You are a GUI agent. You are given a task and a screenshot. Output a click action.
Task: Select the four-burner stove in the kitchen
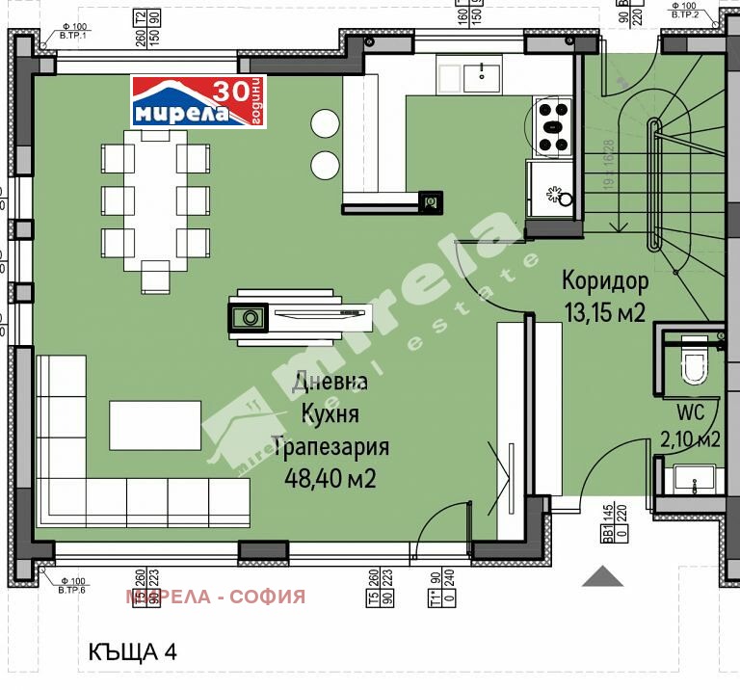[x=554, y=126]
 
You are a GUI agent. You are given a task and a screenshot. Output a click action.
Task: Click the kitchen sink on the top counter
[x=481, y=74]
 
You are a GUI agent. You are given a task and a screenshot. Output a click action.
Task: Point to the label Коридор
[x=605, y=282]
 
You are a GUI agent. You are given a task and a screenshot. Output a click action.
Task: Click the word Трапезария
[x=330, y=447]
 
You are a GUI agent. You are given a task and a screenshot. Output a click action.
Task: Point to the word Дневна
[x=330, y=382]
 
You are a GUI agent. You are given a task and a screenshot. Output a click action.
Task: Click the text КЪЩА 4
[x=132, y=651]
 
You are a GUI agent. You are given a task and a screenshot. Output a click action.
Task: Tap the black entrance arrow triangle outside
[x=603, y=576]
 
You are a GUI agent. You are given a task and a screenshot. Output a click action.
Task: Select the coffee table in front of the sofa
[x=153, y=425]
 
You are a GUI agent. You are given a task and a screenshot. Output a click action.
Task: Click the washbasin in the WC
[x=693, y=477]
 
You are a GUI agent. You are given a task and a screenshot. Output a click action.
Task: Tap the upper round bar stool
[x=325, y=123]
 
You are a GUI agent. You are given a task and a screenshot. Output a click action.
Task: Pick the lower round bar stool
[x=325, y=163]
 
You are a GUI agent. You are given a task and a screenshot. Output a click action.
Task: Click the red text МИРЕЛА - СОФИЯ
[x=215, y=597]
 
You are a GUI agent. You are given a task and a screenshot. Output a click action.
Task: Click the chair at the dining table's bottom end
[x=155, y=277]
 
